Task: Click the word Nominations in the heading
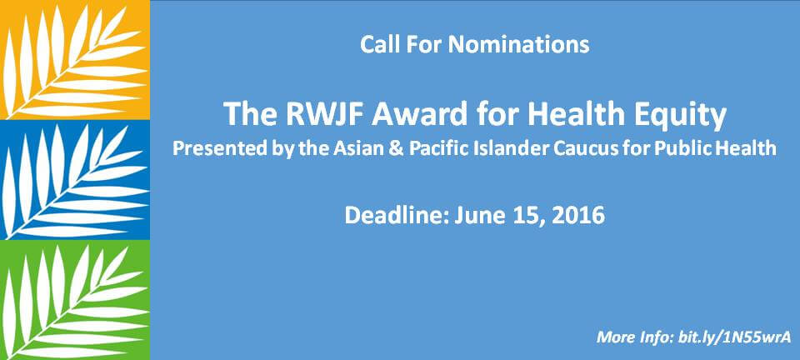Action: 519,44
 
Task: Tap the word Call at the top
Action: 380,44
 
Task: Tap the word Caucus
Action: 602,148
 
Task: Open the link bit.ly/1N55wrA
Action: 735,337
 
